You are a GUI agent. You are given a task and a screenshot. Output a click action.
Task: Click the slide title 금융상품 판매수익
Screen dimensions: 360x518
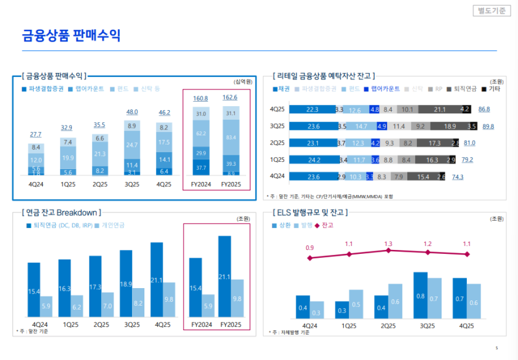click(71, 35)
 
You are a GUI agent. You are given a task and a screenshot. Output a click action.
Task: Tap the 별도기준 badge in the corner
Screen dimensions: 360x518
click(491, 10)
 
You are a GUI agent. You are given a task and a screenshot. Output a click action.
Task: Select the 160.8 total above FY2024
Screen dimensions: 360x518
click(201, 98)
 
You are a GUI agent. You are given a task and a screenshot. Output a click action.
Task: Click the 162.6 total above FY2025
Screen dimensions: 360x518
click(229, 98)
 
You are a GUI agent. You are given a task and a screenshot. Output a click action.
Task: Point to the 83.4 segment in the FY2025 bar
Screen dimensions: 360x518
click(229, 137)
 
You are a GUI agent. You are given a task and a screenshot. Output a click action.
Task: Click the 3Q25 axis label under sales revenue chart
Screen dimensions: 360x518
click(131, 184)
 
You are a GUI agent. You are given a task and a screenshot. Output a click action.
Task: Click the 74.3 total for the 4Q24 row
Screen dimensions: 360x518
click(458, 176)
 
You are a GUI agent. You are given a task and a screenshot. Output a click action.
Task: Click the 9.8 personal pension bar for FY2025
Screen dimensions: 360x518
click(238, 298)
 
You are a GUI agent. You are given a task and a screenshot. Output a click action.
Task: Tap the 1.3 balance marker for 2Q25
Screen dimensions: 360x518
click(388, 250)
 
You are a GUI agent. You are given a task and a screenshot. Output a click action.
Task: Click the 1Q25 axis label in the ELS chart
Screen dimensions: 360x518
click(349, 325)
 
